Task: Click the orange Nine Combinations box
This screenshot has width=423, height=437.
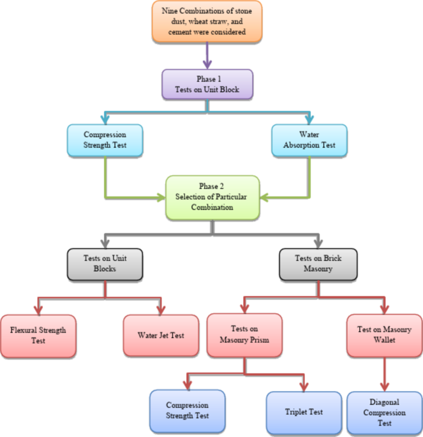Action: [x=207, y=22]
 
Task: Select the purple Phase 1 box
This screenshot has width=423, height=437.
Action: [x=207, y=84]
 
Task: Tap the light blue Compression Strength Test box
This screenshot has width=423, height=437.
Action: [x=105, y=140]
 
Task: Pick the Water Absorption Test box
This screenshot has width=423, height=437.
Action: [x=309, y=140]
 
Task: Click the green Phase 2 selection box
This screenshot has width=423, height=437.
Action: [x=212, y=197]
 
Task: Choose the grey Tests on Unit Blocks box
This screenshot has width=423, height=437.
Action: [x=104, y=263]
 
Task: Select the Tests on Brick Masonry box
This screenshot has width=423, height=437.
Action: [x=318, y=263]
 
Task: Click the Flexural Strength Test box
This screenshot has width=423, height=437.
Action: [x=38, y=335]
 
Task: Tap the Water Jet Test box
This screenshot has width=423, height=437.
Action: [x=161, y=335]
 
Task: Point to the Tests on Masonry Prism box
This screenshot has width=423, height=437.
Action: [x=244, y=335]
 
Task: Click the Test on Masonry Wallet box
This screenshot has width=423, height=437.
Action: [x=384, y=335]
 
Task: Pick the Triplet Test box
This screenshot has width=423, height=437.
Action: [x=304, y=411]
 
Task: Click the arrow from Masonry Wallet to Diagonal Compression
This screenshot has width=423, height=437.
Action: [x=384, y=373]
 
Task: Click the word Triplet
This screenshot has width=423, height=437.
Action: [x=296, y=412]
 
